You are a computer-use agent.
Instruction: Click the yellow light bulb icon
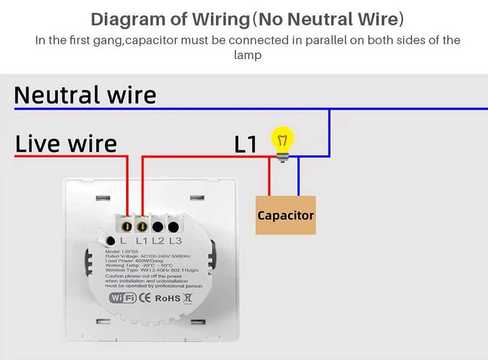click(x=282, y=139)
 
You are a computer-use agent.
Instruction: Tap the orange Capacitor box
click(x=285, y=215)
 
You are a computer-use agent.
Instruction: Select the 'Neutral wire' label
click(x=85, y=95)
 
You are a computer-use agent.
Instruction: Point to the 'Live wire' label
click(x=66, y=143)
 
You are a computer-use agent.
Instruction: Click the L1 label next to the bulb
click(x=245, y=145)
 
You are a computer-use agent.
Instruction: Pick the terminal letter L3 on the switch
click(x=175, y=240)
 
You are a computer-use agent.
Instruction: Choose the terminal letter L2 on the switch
click(x=158, y=240)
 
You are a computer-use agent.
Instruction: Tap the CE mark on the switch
click(x=145, y=298)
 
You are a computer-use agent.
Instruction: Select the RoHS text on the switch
click(x=168, y=298)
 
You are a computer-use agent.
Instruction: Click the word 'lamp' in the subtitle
click(x=247, y=55)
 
